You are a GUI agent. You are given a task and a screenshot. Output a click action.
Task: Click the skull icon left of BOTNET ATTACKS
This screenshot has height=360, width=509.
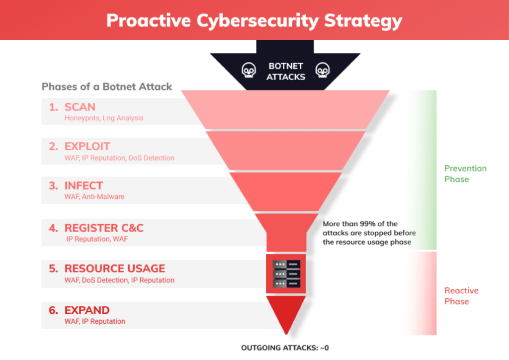249,70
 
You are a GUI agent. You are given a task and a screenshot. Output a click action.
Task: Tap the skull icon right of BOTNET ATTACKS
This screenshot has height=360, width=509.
322,70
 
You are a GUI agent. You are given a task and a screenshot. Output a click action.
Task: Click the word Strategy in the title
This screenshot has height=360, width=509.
363,21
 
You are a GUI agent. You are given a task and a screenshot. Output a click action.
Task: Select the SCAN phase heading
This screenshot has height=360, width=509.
80,107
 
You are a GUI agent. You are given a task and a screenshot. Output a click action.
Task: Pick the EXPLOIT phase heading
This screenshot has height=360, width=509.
87,146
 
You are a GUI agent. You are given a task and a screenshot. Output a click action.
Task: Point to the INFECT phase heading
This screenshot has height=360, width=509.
84,185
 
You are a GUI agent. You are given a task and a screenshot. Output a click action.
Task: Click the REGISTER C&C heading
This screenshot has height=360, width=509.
104,228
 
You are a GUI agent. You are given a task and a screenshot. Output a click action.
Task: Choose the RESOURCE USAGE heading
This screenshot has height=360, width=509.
115,269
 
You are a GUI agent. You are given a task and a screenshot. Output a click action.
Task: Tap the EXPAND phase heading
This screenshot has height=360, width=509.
87,310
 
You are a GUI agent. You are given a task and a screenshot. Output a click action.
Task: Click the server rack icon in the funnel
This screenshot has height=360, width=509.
286,273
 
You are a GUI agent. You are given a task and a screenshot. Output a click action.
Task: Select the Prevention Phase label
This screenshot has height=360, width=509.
465,174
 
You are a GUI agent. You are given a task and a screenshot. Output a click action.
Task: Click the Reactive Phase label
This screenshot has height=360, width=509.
461,296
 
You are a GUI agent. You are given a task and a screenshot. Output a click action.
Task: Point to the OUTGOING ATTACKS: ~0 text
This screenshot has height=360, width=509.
285,348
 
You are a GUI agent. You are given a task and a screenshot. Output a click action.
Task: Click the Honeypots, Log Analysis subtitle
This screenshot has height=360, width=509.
104,118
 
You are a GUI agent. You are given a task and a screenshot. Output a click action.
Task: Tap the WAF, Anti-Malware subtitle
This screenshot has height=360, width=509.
94,197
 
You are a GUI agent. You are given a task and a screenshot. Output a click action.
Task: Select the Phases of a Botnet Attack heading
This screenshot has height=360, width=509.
107,87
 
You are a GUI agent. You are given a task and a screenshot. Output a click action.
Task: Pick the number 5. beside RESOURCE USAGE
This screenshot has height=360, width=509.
54,269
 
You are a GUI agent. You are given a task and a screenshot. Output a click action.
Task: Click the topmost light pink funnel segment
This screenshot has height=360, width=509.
285,109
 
